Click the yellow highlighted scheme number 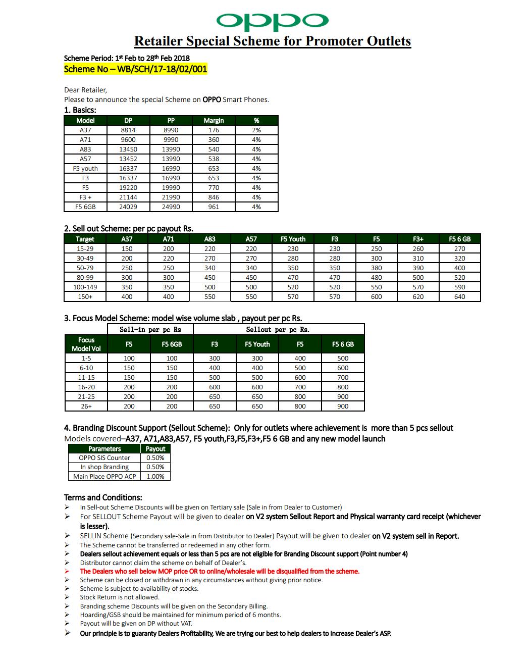pos(135,69)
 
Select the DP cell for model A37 pos(128,130)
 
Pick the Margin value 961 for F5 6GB pos(214,207)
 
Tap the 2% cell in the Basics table pos(256,130)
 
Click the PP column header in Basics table pos(171,120)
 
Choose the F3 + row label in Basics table pos(85,197)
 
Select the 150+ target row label pos(85,296)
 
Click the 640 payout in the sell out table pos(459,296)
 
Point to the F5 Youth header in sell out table pos(293,239)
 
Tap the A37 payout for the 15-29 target pos(127,248)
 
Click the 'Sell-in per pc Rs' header pos(150,330)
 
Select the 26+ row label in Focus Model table pos(86,406)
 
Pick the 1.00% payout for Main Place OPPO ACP pos(155,476)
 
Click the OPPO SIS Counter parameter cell pos(104,458)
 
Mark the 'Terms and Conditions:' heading pos(103,497)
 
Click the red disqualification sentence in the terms pos(220,571)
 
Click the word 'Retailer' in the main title pos(157,41)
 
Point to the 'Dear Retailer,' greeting pos(85,90)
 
